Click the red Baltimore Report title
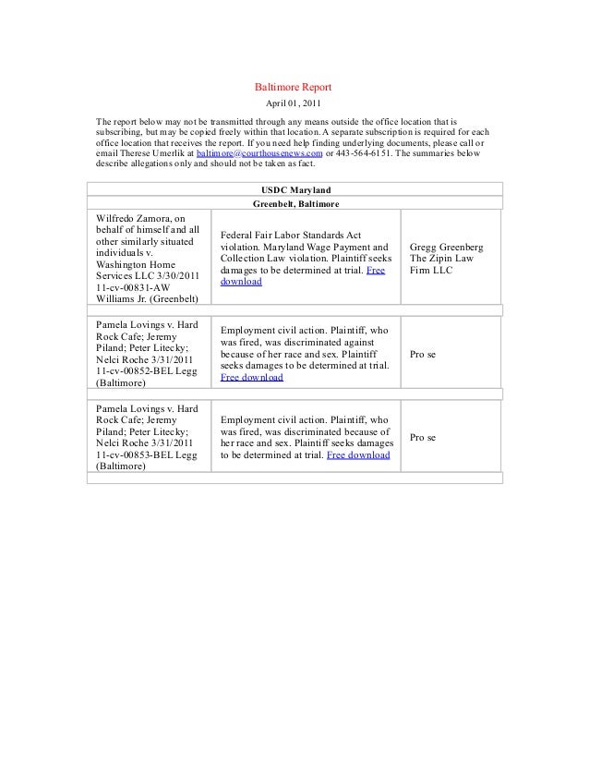(x=294, y=86)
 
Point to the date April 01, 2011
(x=294, y=103)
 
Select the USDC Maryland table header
(x=294, y=188)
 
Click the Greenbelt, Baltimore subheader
(x=294, y=203)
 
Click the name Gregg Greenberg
(x=452, y=248)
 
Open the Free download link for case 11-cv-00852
(x=252, y=378)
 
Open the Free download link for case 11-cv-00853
(x=358, y=455)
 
